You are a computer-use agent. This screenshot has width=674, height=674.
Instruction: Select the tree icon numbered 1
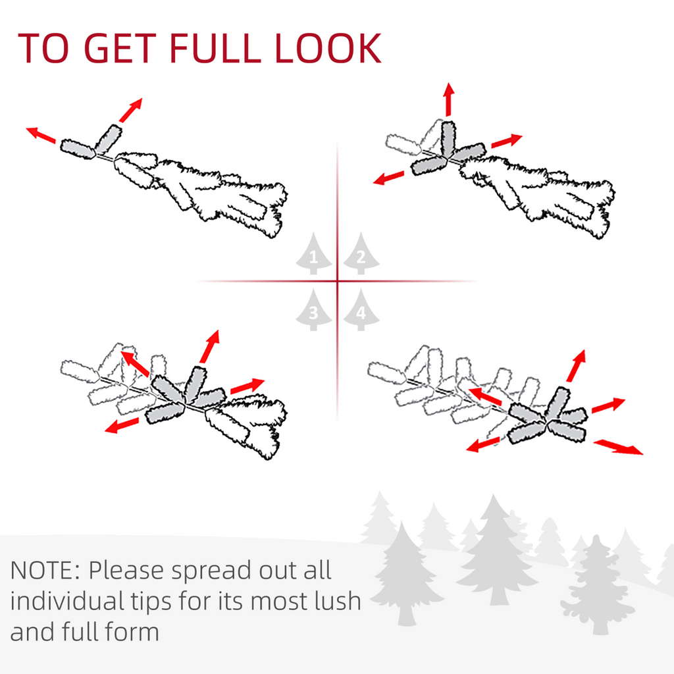[313, 253]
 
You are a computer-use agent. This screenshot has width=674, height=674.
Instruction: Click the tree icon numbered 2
[361, 253]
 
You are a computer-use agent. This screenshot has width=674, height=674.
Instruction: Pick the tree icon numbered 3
[313, 310]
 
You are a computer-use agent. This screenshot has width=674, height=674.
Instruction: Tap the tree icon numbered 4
[361, 310]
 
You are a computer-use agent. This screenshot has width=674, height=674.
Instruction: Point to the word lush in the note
[338, 600]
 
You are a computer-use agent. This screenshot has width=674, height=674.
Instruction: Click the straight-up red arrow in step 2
[449, 99]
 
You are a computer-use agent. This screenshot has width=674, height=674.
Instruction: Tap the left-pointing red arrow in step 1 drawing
[41, 135]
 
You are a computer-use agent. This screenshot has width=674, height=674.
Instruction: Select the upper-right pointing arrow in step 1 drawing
[131, 110]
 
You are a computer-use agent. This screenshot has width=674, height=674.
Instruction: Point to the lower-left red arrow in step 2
[388, 178]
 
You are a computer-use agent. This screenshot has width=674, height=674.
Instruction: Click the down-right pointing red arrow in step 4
[618, 447]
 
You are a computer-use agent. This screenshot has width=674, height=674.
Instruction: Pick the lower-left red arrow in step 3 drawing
[122, 426]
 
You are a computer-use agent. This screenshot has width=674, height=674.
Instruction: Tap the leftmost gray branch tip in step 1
[78, 149]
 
